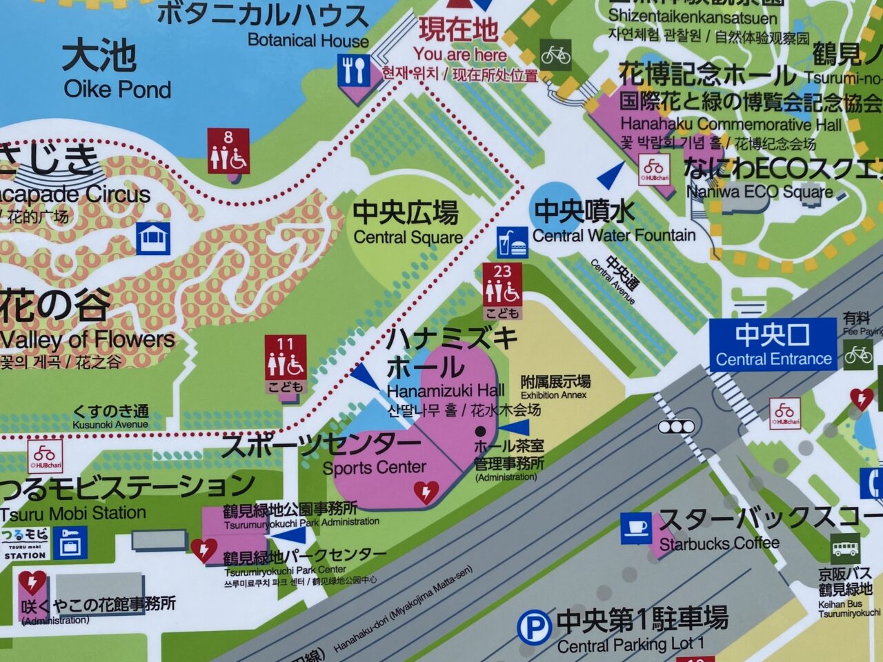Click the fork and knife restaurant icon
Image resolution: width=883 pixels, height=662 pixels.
[353, 70]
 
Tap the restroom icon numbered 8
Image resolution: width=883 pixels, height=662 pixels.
[228, 152]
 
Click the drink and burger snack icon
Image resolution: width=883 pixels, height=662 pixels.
[513, 242]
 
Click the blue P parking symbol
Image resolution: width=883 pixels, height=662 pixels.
[534, 628]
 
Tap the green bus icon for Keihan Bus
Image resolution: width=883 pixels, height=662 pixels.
[845, 549]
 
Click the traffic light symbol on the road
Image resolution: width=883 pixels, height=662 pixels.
[676, 427]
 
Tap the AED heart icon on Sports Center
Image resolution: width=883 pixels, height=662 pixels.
[426, 491]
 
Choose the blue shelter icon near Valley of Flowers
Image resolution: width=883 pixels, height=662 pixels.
[152, 239]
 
